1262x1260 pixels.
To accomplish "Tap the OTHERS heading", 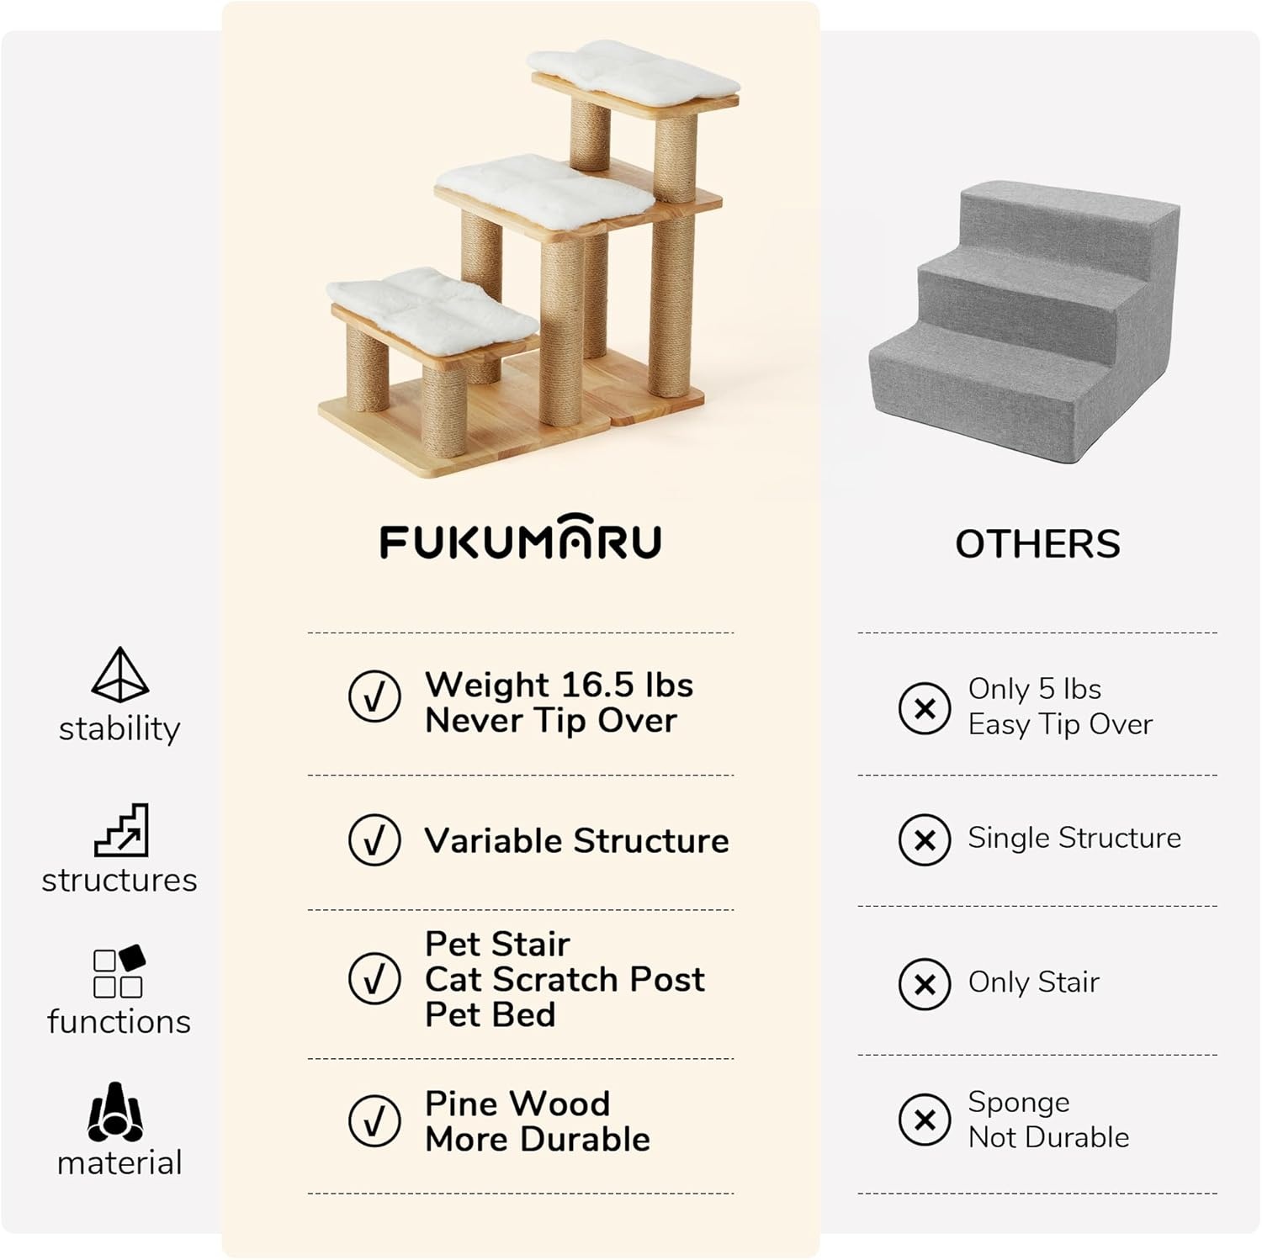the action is pyautogui.click(x=1037, y=544).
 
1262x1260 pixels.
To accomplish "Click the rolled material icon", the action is pyautogui.click(x=115, y=1112).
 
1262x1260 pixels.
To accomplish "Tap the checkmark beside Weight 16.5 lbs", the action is pyautogui.click(x=374, y=696).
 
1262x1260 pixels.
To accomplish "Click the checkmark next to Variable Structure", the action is pyautogui.click(x=374, y=839).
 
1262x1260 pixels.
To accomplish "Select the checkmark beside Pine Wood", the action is pyautogui.click(x=374, y=1120).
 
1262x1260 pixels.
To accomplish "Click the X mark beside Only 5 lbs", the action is pyautogui.click(x=925, y=708).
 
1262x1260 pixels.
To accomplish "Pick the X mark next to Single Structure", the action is pyautogui.click(x=925, y=839).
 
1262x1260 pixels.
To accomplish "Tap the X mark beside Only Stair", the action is pyautogui.click(x=925, y=983).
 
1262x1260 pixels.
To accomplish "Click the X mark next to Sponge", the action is pyautogui.click(x=925, y=1120).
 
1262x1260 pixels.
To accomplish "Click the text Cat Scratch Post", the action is pyautogui.click(x=565, y=979).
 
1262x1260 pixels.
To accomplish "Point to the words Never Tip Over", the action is pyautogui.click(x=551, y=721).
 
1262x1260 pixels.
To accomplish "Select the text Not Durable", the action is pyautogui.click(x=1048, y=1137).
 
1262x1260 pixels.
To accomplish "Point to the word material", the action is pyautogui.click(x=119, y=1162).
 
